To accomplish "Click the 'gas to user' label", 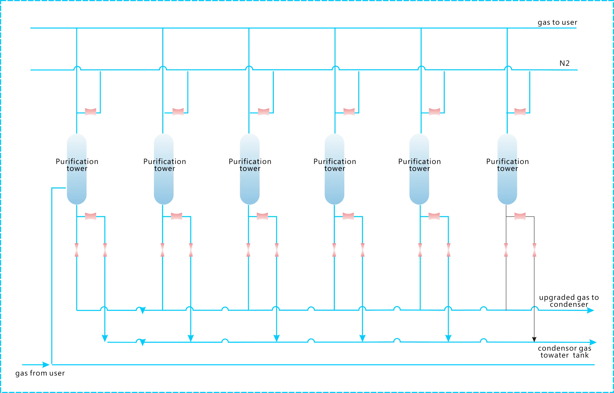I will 557,23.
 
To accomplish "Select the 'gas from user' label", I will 40,373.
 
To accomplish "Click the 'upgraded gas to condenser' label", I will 569,301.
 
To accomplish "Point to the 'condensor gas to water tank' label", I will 565,352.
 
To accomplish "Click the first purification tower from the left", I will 77,168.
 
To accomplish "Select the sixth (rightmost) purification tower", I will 507,168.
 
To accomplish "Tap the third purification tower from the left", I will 249,168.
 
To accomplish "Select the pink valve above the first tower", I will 91,112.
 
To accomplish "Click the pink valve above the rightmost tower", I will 521,112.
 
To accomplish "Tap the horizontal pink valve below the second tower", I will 177,216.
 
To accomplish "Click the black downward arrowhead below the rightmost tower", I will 534,339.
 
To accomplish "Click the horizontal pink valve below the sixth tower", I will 521,216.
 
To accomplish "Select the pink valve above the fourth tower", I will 348,112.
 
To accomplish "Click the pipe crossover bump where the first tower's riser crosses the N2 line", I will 77,68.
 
